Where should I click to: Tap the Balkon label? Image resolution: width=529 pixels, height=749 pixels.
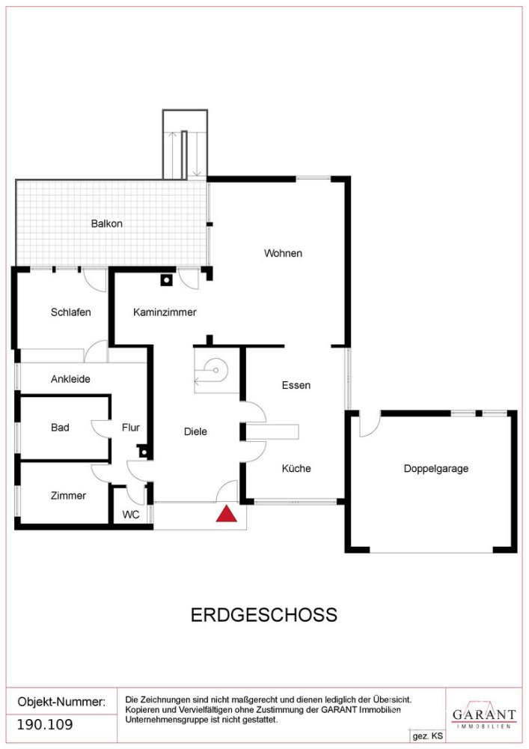pyautogui.click(x=107, y=223)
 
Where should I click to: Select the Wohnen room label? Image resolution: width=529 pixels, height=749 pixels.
pyautogui.click(x=283, y=253)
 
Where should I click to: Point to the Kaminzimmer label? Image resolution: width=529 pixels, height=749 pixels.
pyautogui.click(x=165, y=312)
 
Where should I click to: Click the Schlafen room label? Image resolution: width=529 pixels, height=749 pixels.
pyautogui.click(x=71, y=312)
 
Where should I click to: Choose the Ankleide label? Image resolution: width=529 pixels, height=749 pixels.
pyautogui.click(x=70, y=379)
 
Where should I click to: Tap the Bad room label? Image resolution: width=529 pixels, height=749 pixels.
pyautogui.click(x=60, y=427)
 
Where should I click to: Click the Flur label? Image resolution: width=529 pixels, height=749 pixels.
pyautogui.click(x=131, y=428)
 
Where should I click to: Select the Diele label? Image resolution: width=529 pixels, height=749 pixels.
pyautogui.click(x=195, y=431)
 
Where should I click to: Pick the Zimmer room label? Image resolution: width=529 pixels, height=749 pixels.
pyautogui.click(x=68, y=495)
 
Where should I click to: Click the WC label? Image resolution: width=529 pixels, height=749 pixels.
pyautogui.click(x=130, y=515)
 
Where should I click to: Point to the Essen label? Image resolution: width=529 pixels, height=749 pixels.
pyautogui.click(x=296, y=385)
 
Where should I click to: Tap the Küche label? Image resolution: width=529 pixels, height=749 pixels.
pyautogui.click(x=296, y=468)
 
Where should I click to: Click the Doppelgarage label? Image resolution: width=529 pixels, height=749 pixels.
pyautogui.click(x=436, y=468)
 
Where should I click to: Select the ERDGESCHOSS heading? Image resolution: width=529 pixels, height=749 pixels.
pyautogui.click(x=263, y=615)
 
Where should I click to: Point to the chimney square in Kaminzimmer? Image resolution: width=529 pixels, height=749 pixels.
pyautogui.click(x=166, y=282)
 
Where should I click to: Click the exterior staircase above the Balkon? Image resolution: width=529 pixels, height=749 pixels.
pyautogui.click(x=185, y=145)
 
